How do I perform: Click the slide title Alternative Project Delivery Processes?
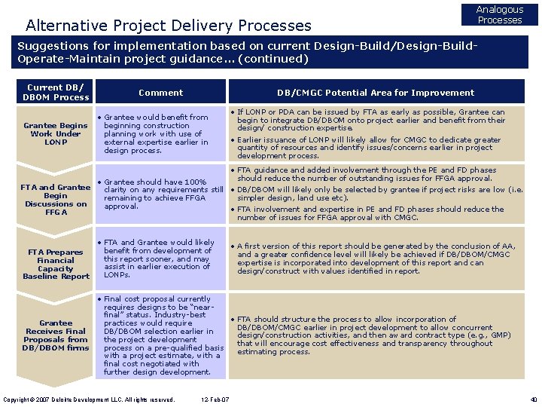[x=169, y=26]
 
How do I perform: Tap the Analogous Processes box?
[x=500, y=15]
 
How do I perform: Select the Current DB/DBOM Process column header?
[x=56, y=92]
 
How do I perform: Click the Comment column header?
[x=160, y=93]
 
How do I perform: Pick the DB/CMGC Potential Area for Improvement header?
[x=376, y=93]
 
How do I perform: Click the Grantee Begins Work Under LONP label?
[x=56, y=133]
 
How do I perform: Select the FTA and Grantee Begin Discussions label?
[x=56, y=200]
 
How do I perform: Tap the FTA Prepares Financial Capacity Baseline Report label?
[x=56, y=265]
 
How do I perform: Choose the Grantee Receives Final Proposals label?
[x=56, y=335]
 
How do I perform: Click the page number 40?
[x=533, y=399]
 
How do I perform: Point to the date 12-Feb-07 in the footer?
[x=215, y=399]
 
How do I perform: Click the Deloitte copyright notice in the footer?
[x=89, y=399]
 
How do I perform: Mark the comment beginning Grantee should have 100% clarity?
[x=163, y=194]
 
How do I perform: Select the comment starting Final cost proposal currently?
[x=163, y=335]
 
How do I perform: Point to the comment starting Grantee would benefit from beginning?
[x=157, y=133]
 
